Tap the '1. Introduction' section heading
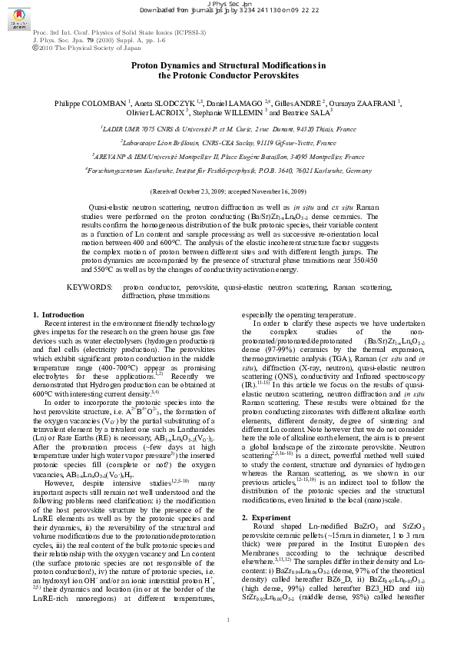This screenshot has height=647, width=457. (x=59, y=315)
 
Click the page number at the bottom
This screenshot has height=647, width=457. (x=228, y=619)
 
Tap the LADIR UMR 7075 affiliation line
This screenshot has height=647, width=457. (x=228, y=129)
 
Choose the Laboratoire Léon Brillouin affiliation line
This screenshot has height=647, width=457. (x=228, y=143)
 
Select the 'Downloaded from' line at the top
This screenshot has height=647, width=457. (x=228, y=10)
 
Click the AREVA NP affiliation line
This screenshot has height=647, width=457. (x=228, y=156)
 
